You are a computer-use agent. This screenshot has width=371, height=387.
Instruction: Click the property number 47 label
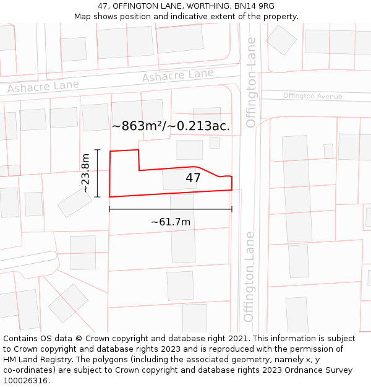tap(193, 178)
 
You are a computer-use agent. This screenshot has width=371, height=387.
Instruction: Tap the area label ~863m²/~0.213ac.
tap(171, 126)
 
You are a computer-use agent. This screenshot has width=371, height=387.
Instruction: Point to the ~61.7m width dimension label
tap(171, 222)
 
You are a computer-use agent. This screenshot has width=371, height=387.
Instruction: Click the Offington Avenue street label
tap(312, 96)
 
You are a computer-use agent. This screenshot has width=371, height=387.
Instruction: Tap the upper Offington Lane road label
tap(251, 82)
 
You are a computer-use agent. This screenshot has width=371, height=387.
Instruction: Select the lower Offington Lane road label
tap(249, 276)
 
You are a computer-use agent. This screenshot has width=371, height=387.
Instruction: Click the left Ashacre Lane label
tap(43, 87)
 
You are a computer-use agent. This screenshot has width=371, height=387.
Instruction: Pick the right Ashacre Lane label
tap(177, 76)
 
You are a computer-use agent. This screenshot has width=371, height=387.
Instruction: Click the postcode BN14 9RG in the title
tap(254, 6)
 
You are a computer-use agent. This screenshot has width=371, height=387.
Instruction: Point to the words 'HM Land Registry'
tap(36, 359)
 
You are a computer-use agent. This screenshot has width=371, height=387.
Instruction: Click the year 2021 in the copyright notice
tap(238, 339)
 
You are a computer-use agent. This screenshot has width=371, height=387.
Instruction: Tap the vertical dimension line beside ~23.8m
tap(98, 173)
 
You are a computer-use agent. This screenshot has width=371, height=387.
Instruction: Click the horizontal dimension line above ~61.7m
tap(171, 209)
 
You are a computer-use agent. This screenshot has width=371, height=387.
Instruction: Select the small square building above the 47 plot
tap(214, 142)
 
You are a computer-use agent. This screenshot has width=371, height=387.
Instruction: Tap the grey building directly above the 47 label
tap(189, 149)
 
